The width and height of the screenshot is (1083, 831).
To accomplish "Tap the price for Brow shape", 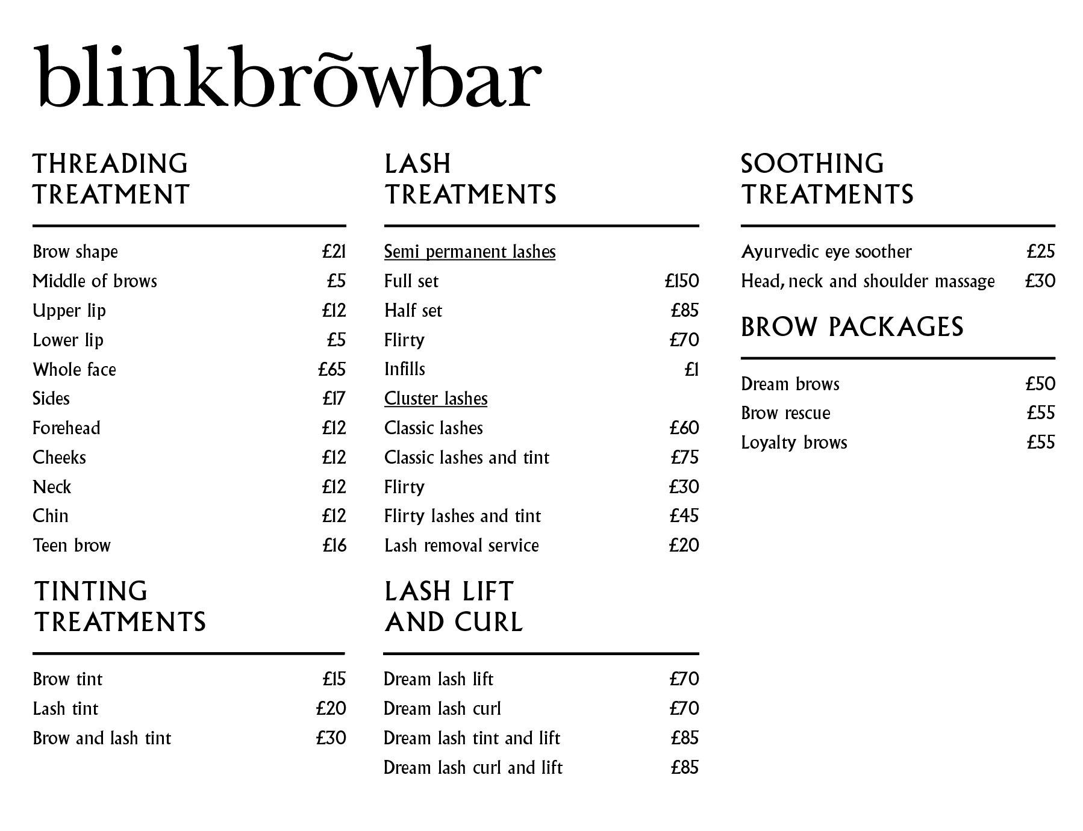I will (x=334, y=251).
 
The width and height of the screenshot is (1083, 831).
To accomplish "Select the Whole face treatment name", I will (x=74, y=369).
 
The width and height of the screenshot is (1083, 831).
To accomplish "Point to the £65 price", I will (x=332, y=369).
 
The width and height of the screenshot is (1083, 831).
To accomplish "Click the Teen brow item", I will (x=72, y=546).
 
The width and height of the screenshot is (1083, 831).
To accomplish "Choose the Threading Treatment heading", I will (x=111, y=179).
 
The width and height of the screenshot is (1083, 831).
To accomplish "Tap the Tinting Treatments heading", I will (x=119, y=606).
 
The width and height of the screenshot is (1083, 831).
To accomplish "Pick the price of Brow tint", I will (x=334, y=679).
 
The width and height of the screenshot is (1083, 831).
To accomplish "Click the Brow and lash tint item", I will (x=102, y=738).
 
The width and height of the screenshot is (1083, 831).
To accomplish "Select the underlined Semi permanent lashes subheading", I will (x=470, y=251).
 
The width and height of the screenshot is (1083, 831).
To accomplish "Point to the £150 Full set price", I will (x=682, y=281).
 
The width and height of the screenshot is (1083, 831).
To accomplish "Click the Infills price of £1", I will (x=691, y=369).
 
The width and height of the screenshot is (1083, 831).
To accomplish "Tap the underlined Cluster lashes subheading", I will (x=435, y=399).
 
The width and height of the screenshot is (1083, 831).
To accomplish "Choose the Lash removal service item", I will (x=461, y=546).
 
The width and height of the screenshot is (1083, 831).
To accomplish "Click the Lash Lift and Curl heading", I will (x=453, y=606).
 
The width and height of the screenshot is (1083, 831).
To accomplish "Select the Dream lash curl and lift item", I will (x=473, y=768).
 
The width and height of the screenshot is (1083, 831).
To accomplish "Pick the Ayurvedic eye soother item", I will (x=826, y=251).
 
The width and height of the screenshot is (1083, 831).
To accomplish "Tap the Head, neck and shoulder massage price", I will (x=1040, y=281).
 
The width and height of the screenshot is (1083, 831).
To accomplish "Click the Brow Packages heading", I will (x=852, y=327).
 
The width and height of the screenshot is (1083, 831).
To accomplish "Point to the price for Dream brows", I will (x=1040, y=384).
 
